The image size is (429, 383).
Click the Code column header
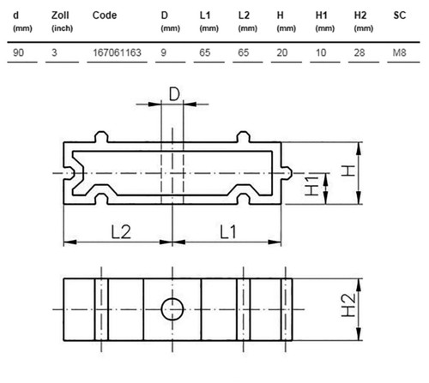(x=105, y=15)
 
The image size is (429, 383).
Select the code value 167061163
(x=117, y=52)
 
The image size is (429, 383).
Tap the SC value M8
(x=400, y=52)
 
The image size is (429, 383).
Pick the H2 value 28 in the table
(x=360, y=52)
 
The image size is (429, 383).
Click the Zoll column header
(x=60, y=15)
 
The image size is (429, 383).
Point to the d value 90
(x=18, y=52)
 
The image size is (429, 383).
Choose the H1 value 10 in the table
(x=321, y=52)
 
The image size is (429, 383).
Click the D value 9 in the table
(x=164, y=52)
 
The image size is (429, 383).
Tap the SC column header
(x=400, y=15)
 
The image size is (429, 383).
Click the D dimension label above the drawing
(x=174, y=94)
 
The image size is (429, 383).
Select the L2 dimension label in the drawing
(x=121, y=232)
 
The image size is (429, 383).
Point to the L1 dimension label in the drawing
(x=228, y=232)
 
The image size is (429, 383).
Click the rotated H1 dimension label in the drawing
(x=311, y=186)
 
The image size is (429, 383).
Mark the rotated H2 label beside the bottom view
(x=348, y=305)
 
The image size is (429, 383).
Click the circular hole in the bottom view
(x=172, y=309)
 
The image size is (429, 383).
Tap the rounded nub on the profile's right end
(x=287, y=173)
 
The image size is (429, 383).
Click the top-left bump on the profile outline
(x=101, y=136)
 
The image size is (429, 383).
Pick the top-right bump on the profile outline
(x=244, y=136)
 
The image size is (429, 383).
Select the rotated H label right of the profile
(x=348, y=171)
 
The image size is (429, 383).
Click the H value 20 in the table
(x=282, y=52)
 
